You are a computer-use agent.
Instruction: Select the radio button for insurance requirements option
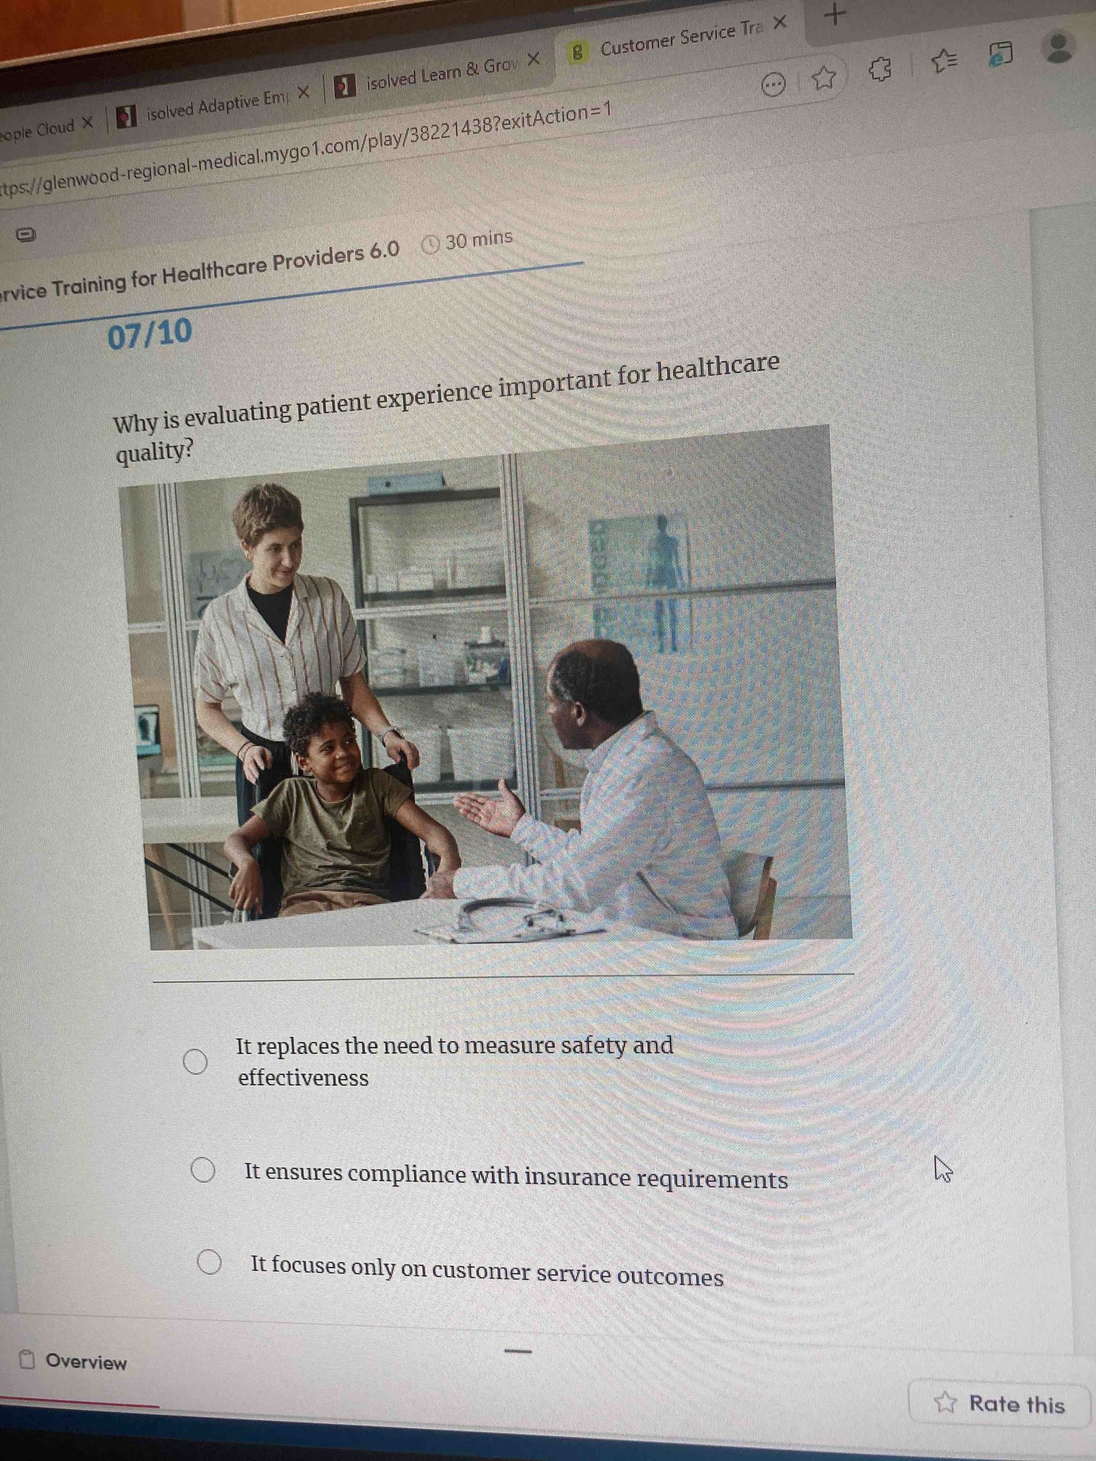203,1170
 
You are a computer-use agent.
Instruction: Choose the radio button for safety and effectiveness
196,1062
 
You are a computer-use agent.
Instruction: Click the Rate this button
1000,1403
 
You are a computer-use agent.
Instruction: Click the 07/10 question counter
150,334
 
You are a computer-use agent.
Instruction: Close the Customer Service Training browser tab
780,23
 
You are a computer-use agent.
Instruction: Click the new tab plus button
835,14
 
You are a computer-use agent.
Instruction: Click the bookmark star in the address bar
824,77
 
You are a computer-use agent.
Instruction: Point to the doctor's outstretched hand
492,810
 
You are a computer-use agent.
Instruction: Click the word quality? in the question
154,452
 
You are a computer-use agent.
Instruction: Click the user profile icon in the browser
1058,47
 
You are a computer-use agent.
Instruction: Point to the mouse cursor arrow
943,1169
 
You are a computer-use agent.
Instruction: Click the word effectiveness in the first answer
303,1077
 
